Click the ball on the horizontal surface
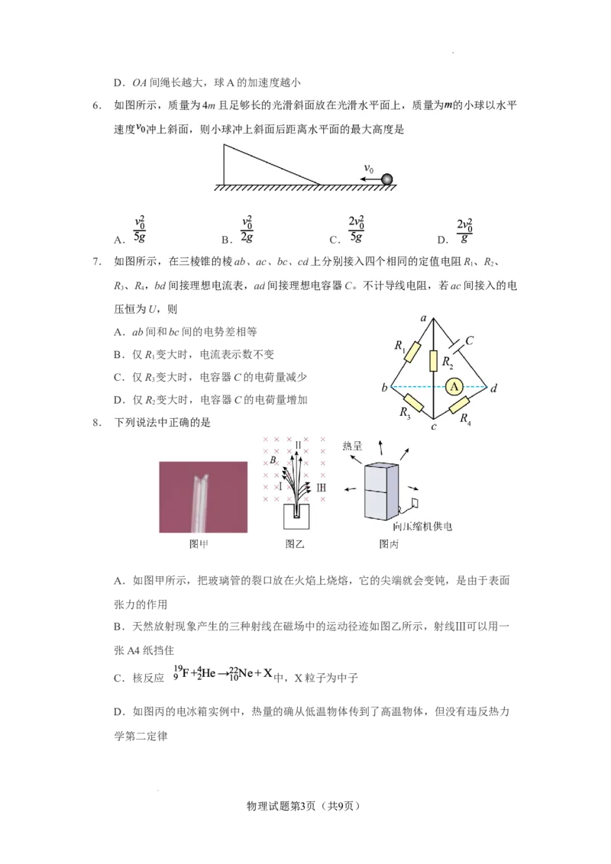(x=387, y=179)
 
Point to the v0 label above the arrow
(x=368, y=168)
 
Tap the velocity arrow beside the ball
(x=370, y=179)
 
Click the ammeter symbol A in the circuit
(x=455, y=387)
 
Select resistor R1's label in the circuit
(x=399, y=346)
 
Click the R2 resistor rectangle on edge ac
(x=433, y=360)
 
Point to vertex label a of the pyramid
(x=423, y=317)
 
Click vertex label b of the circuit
(x=383, y=388)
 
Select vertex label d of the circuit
(x=493, y=388)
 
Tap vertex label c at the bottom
(x=433, y=426)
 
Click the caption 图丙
(x=389, y=544)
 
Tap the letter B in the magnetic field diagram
(x=273, y=460)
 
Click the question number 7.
(x=97, y=262)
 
